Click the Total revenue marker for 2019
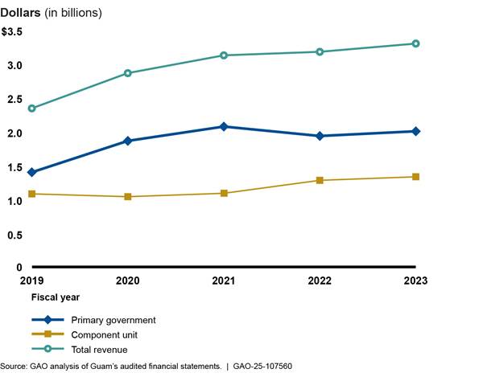[32, 108]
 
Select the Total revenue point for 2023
[415, 43]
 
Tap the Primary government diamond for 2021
[224, 126]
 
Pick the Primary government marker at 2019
[32, 172]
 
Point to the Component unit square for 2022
[320, 180]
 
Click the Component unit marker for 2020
[128, 196]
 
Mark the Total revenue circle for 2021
[224, 55]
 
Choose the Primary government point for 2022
[320, 136]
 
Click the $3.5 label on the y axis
[11, 31]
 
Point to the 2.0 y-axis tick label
[14, 133]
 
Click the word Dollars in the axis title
[21, 14]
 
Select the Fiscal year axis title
[44, 297]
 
